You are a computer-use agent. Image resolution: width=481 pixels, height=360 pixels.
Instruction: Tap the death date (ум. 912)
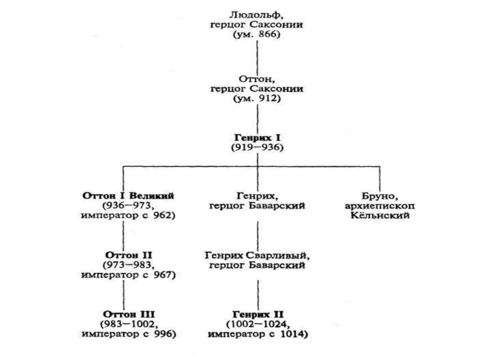(x=256, y=99)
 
